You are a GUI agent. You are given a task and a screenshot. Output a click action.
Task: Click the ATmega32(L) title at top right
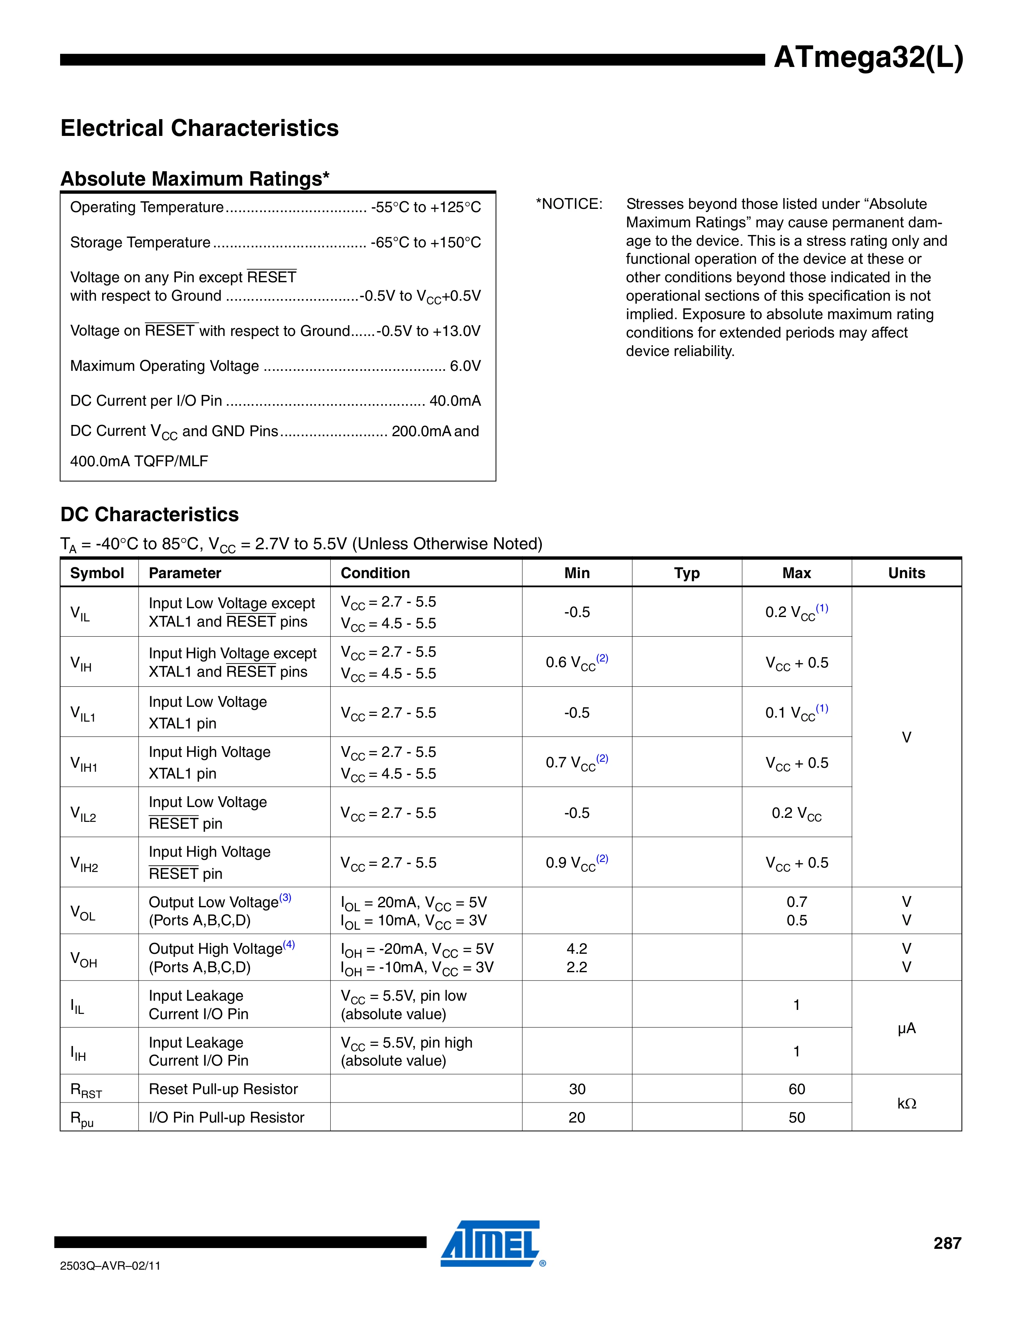tap(868, 58)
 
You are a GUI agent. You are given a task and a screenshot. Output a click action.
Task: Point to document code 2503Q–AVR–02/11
tap(110, 1265)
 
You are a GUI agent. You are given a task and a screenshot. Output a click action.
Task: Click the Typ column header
tap(687, 573)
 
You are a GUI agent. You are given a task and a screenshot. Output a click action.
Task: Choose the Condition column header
tap(375, 573)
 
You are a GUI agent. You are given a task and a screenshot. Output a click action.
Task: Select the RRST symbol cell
tap(86, 1090)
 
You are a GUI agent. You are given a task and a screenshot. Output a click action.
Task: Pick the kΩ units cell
tap(906, 1103)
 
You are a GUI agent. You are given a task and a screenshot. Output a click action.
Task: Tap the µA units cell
tap(906, 1028)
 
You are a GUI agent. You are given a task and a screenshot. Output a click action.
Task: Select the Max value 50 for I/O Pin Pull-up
tap(796, 1118)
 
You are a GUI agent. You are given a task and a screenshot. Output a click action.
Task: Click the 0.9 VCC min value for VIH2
tap(576, 863)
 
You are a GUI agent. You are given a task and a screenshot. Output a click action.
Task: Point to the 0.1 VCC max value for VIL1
tap(796, 712)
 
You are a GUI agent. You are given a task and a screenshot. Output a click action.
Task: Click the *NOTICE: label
tap(569, 204)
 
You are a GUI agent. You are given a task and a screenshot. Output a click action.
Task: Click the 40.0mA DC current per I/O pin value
tap(455, 401)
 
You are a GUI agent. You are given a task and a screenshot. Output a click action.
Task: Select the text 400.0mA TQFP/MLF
tap(139, 461)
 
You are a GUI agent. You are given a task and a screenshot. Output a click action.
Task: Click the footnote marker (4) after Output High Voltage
tap(289, 945)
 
